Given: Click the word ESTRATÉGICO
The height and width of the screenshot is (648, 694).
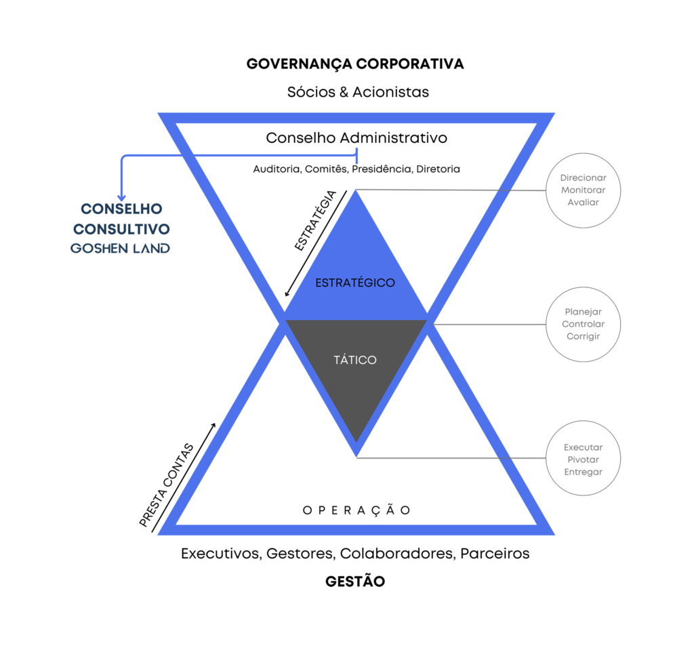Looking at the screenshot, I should [355, 283].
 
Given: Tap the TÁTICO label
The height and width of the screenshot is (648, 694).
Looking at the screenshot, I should [355, 360].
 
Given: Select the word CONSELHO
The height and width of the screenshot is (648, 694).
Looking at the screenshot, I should [122, 209].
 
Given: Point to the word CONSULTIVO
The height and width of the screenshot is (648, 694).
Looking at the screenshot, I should [121, 228].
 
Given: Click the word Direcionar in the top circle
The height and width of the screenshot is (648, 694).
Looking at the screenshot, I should [583, 178].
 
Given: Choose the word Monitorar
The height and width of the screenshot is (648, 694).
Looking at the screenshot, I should [583, 190].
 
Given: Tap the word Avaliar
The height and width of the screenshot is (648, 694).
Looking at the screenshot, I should [583, 202].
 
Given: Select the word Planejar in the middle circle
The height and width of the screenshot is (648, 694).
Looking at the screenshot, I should [583, 312].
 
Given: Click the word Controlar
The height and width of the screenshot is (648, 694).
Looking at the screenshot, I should [583, 324].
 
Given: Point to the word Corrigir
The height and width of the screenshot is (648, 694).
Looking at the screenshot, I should [583, 336].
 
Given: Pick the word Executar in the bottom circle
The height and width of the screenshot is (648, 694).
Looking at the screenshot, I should [583, 447].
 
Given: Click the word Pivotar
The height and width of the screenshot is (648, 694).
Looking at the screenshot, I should [583, 460].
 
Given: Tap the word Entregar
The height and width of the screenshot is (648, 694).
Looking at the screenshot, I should [583, 472].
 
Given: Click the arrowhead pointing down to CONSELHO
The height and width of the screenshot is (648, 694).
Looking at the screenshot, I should [122, 197].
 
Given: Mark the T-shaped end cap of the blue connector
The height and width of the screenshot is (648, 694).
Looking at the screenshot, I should [356, 155].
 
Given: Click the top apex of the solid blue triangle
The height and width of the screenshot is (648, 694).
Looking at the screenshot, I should [355, 192].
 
